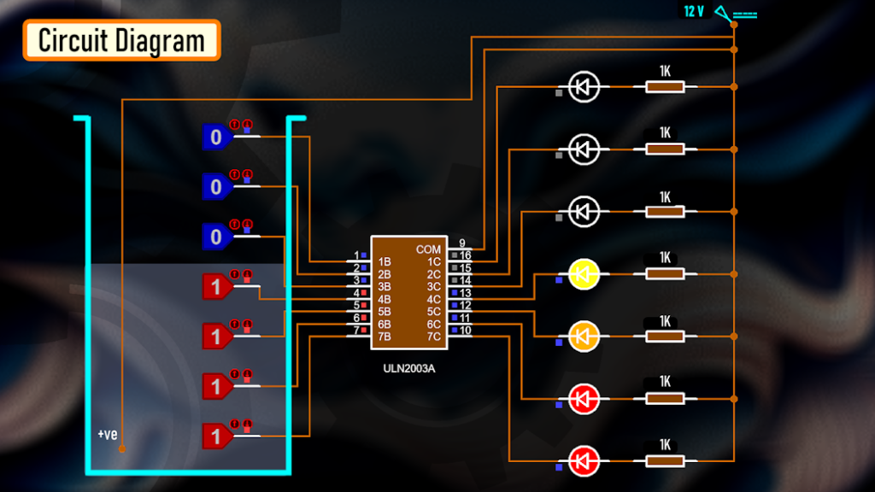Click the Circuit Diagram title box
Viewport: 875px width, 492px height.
click(x=121, y=40)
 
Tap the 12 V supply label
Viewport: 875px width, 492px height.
click(x=693, y=12)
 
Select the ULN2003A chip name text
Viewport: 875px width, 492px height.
click(x=411, y=369)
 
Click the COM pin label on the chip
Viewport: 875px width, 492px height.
click(x=429, y=249)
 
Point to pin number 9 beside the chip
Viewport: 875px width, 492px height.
click(x=462, y=243)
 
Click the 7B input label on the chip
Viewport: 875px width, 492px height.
click(x=385, y=337)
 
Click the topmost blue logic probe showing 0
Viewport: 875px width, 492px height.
click(x=216, y=137)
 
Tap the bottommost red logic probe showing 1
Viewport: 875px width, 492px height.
click(x=216, y=436)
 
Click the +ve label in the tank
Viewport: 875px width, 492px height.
click(x=107, y=435)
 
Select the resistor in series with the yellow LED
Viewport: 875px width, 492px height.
click(x=665, y=274)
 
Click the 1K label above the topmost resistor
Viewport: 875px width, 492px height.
click(x=665, y=70)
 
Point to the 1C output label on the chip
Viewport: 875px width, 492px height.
click(x=434, y=261)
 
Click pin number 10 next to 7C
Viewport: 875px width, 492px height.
click(x=466, y=330)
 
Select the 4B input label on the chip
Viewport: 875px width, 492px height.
click(x=385, y=299)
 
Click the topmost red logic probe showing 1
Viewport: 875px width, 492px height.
click(x=216, y=287)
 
